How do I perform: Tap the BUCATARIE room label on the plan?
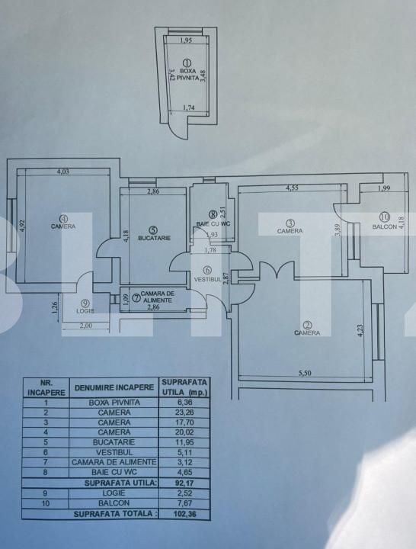153,239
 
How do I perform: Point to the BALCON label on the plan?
382,227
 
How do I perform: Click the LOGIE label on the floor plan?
85,311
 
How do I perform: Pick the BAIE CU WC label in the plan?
212,224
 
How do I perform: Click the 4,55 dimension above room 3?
293,187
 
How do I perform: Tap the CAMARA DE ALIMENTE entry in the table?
114,462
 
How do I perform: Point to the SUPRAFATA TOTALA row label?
114,514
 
